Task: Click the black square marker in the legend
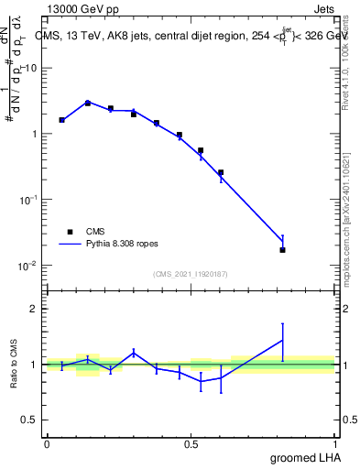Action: pos(70,232)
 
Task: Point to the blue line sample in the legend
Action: pos(70,245)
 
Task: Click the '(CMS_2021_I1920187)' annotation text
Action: pos(191,272)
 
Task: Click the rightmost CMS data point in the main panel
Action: pos(282,250)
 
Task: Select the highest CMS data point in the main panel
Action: pos(88,104)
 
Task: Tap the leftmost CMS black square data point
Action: pos(61,120)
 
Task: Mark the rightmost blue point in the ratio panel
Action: pos(282,340)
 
